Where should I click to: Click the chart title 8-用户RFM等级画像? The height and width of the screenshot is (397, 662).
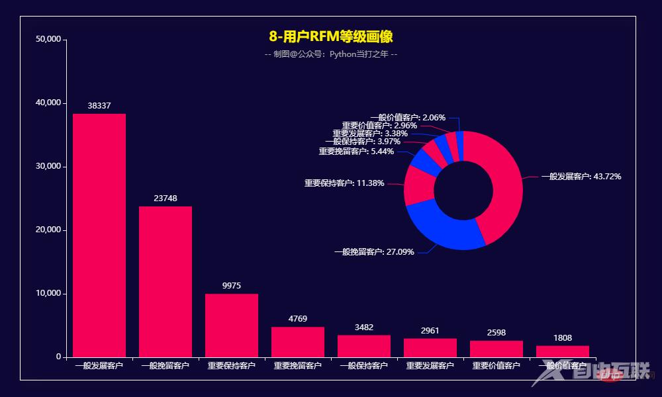pyautogui.click(x=331, y=37)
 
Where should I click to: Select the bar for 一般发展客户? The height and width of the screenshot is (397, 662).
pyautogui.click(x=99, y=235)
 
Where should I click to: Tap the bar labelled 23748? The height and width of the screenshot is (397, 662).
pyautogui.click(x=165, y=281)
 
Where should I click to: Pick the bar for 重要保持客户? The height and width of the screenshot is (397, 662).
pyautogui.click(x=232, y=325)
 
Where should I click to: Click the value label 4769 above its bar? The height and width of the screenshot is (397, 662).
pyautogui.click(x=298, y=319)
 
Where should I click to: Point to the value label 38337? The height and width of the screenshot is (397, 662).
pyautogui.click(x=99, y=106)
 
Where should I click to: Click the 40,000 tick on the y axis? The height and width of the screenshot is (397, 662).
pyautogui.click(x=47, y=103)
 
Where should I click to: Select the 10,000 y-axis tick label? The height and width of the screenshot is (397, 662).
pyautogui.click(x=47, y=294)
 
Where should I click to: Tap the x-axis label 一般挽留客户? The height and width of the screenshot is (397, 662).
pyautogui.click(x=165, y=366)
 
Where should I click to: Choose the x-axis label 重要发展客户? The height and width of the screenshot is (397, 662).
pyautogui.click(x=430, y=366)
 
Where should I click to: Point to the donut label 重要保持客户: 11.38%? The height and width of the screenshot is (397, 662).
pyautogui.click(x=344, y=183)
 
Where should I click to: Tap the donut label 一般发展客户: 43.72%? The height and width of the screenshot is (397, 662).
pyautogui.click(x=581, y=177)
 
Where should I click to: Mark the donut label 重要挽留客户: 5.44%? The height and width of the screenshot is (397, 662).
pyautogui.click(x=356, y=152)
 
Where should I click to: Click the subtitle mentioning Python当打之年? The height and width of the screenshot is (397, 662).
pyautogui.click(x=331, y=54)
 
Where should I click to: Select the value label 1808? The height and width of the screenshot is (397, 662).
pyautogui.click(x=563, y=338)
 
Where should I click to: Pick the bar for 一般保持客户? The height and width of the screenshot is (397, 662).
pyautogui.click(x=364, y=346)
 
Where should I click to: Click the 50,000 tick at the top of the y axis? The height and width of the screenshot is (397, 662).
pyautogui.click(x=47, y=40)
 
